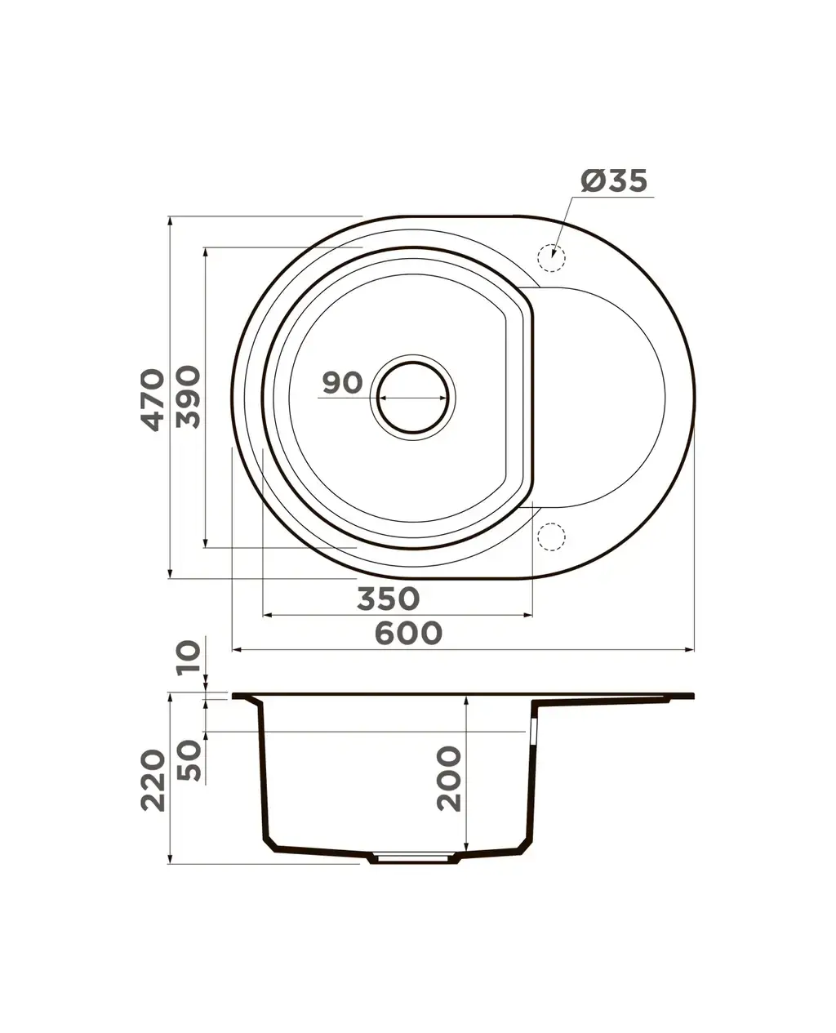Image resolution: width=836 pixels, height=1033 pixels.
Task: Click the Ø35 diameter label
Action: tap(614, 181)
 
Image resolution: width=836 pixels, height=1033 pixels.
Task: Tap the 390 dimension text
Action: tap(188, 397)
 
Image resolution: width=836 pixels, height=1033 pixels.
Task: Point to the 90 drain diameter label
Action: tap(342, 382)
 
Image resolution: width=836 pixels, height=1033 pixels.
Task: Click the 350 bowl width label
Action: tap(388, 599)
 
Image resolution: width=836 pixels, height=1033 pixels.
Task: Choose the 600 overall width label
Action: tap(408, 634)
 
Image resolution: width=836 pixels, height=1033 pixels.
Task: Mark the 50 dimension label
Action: tap(189, 760)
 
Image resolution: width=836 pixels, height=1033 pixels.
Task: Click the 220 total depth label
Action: tap(153, 781)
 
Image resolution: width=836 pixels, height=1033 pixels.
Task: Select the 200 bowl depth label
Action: tap(448, 778)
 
